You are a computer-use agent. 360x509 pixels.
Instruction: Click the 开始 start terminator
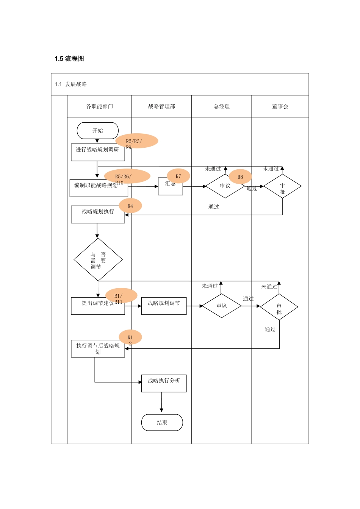coord(98,131)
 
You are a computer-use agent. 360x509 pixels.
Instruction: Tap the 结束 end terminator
coord(162,422)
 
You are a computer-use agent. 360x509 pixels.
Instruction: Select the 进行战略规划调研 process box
coord(97,152)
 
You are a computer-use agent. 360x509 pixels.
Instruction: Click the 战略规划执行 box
coord(98,214)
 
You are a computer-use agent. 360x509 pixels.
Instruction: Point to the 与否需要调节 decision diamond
coord(98,260)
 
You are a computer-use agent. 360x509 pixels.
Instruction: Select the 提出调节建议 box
coord(98,306)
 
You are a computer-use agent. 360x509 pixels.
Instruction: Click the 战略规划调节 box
coord(164,306)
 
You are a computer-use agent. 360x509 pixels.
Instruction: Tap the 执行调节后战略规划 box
coord(98,349)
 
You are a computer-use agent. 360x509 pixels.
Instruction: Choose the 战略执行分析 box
coord(164,383)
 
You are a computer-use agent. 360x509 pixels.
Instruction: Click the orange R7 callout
coord(178,176)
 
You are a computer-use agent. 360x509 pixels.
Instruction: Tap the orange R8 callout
coord(240,177)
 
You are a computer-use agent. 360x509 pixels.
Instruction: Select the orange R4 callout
coord(130,206)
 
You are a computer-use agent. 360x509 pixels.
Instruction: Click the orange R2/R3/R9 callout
coord(137,141)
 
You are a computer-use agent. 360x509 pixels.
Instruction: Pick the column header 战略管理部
coord(161,106)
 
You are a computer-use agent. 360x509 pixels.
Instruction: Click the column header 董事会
coord(280,106)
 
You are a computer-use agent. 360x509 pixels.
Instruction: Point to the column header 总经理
coord(222,106)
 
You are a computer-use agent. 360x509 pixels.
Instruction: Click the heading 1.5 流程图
coord(69,59)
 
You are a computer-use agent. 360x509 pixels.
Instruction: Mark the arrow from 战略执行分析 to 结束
coord(161,402)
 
